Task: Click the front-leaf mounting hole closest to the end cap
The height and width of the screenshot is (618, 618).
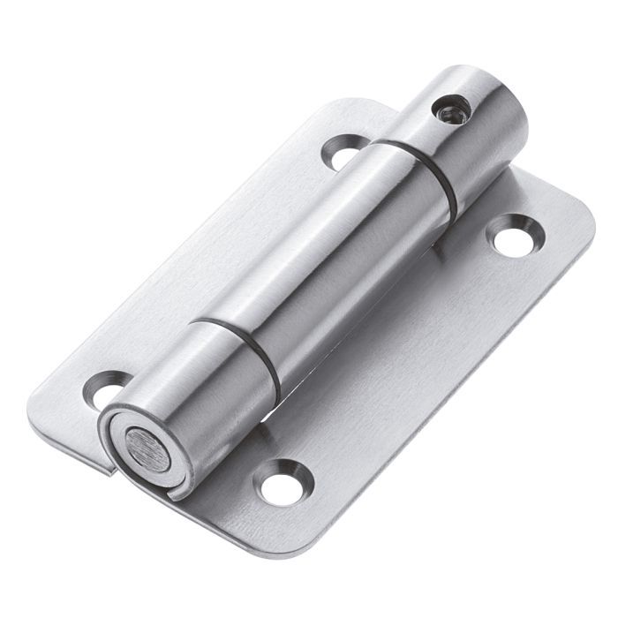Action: click(x=283, y=481)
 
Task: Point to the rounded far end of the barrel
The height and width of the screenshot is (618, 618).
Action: click(x=512, y=97)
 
